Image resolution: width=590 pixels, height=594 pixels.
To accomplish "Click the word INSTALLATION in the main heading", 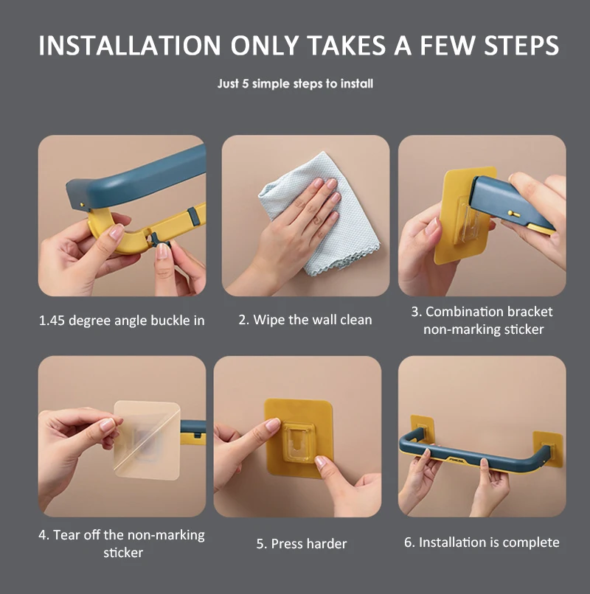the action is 130,46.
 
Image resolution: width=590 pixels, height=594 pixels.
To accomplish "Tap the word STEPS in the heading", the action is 521,46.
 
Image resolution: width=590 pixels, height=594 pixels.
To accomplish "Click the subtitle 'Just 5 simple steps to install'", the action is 295,84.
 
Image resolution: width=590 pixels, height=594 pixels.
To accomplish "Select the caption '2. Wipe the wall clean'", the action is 305,320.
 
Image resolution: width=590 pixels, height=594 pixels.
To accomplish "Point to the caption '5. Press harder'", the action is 302,544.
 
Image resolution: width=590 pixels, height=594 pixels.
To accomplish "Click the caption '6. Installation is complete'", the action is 482,542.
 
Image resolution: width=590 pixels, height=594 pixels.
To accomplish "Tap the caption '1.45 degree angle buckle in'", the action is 122,321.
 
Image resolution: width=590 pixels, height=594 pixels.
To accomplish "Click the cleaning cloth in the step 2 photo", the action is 319,212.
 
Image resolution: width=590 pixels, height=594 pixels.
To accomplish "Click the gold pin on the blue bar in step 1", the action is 82,205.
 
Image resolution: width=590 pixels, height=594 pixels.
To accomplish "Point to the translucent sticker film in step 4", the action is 147,440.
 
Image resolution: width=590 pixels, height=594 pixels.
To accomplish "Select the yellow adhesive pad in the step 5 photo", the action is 299,438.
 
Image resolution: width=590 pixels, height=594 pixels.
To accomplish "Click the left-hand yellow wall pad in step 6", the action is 422,428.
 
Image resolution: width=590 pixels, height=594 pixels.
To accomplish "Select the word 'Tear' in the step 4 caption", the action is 65,534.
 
